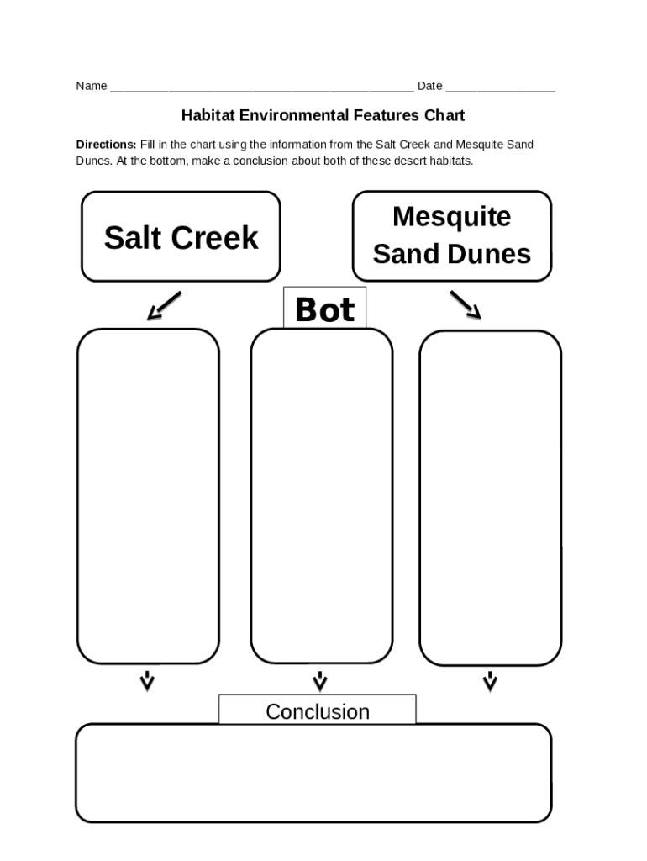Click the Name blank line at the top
click(260, 87)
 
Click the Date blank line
click(500, 87)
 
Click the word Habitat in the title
click(208, 115)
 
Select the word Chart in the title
click(444, 115)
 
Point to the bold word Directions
click(106, 145)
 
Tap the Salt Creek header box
click(181, 237)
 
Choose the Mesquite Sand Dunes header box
click(451, 235)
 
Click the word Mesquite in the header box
click(451, 217)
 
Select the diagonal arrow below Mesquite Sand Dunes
click(465, 304)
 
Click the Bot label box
click(324, 309)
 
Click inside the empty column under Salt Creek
click(148, 496)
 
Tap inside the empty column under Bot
click(321, 496)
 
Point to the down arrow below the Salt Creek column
click(147, 680)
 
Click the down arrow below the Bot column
click(320, 680)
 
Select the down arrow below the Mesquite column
click(490, 680)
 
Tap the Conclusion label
click(318, 711)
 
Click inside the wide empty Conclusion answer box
click(313, 772)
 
